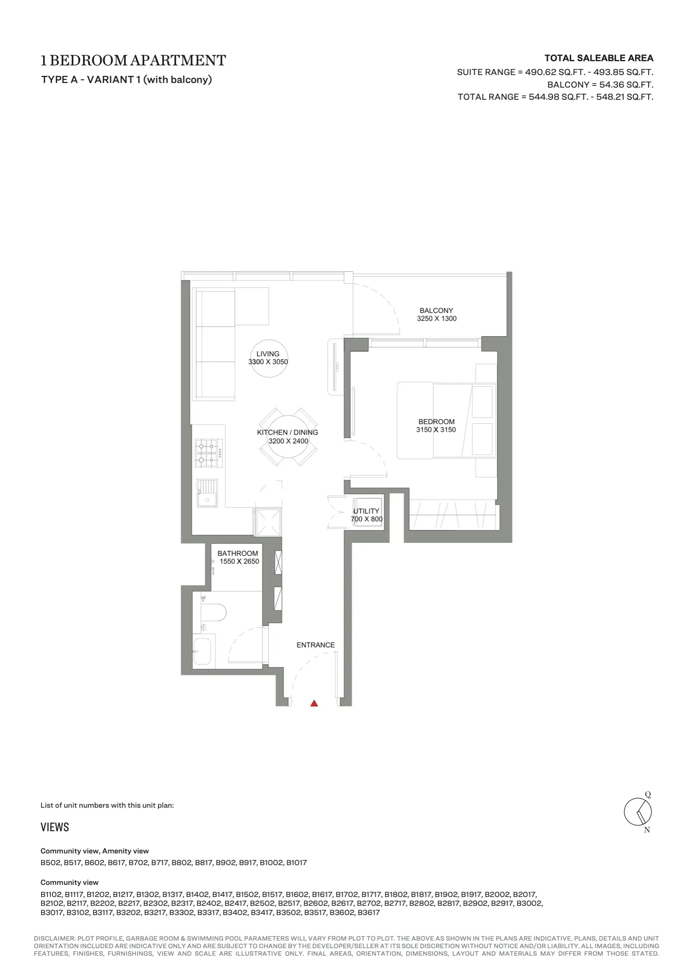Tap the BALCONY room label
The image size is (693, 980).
pos(436,310)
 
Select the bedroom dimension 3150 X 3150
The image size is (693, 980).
pos(436,429)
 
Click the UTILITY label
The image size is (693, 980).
pos(366,511)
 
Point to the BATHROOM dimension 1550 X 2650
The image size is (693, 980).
pos(239,561)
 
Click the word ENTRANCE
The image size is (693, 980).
pos(316,645)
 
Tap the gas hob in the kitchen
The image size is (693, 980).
pos(209,453)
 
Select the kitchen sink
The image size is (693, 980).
pos(207,493)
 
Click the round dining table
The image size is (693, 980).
pos(288,436)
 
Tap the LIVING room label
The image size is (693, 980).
pos(268,354)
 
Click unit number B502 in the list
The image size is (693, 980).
pos(50,863)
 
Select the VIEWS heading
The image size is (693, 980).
pos(55,827)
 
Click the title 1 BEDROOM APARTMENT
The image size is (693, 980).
pos(133,60)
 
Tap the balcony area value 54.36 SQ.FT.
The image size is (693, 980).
pos(626,85)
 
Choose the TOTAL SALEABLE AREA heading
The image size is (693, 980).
pos(599,58)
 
